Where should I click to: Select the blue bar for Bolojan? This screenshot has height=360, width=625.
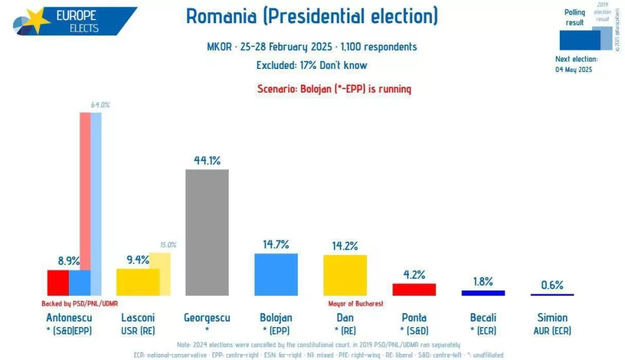coord(276,274)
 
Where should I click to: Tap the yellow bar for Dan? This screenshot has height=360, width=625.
coord(345,275)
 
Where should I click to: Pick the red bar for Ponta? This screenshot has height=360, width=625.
coord(414,289)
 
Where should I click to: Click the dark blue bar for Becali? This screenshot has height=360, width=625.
coord(483,293)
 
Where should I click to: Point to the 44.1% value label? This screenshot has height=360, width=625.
coord(207,160)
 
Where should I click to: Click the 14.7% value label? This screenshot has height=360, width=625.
coord(276,245)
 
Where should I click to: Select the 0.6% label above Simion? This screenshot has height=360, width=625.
coord(552,285)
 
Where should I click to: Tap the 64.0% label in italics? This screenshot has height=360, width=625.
coord(100,105)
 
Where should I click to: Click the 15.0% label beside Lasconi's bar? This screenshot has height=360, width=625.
coord(168,245)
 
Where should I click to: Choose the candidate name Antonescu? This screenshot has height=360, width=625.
coord(68,317)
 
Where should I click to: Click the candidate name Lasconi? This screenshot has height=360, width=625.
coord(138,317)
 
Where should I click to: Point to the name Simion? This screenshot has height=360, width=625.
coord(552,317)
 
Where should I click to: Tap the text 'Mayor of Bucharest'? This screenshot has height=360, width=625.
coord(355,303)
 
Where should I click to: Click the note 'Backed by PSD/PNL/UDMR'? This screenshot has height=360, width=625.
coord(79,303)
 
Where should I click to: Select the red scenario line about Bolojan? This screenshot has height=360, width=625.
coord(334,89)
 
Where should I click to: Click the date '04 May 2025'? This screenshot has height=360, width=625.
coord(574,70)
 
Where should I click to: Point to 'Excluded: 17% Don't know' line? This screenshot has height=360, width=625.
coord(312,65)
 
